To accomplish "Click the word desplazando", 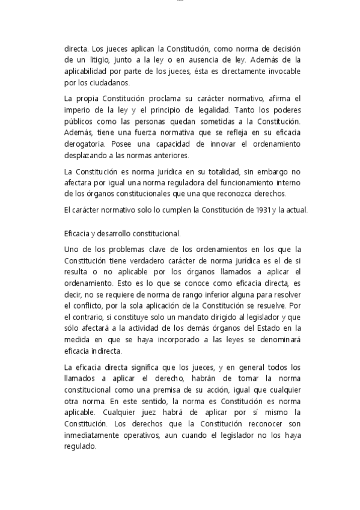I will click(x=86, y=156).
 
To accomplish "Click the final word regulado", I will click(x=79, y=447).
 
